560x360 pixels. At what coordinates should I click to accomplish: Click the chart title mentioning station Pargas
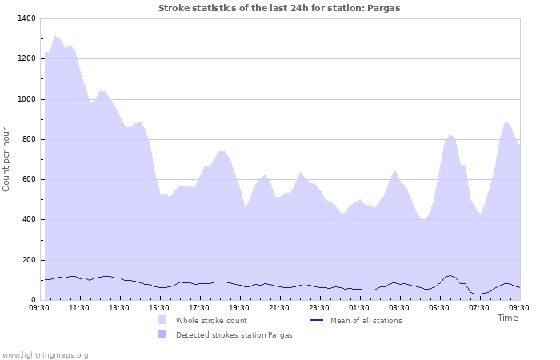click(279, 8)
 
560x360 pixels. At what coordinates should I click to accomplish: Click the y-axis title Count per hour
click(7, 158)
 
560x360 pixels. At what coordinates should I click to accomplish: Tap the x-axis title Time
click(507, 318)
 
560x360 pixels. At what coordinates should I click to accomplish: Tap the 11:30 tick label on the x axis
click(79, 307)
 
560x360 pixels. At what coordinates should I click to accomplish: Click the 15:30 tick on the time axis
click(159, 307)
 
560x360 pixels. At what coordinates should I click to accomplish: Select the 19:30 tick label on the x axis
click(239, 307)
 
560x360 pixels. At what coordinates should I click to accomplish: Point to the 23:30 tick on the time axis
click(319, 307)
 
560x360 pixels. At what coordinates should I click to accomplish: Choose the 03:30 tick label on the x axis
click(399, 307)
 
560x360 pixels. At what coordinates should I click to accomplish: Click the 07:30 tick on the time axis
click(479, 307)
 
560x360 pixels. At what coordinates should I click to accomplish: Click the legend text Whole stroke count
click(211, 321)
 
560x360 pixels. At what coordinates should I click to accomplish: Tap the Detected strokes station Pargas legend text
click(234, 335)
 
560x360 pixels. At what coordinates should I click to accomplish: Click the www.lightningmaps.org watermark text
click(45, 354)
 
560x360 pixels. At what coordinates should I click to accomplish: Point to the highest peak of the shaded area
click(54, 36)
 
